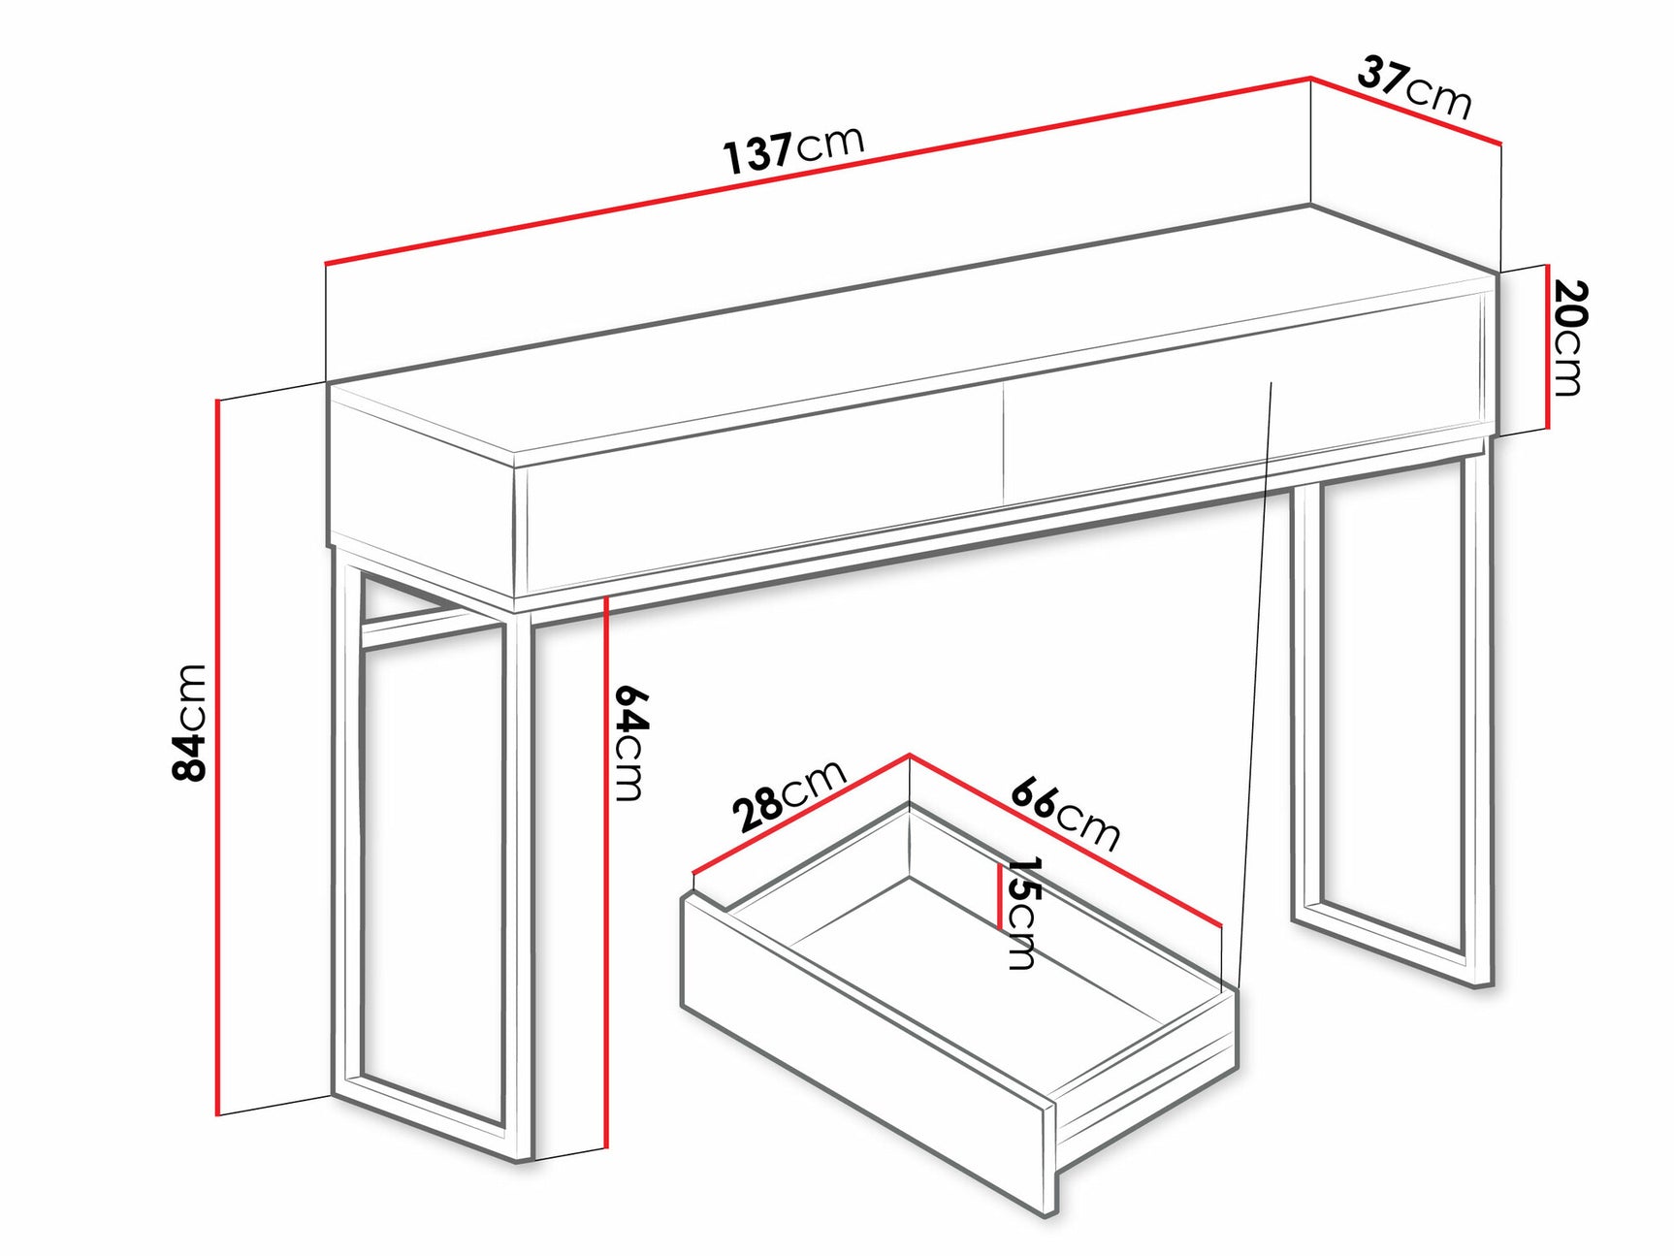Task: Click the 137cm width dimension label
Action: point(793,149)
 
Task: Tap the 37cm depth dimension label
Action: point(1414,87)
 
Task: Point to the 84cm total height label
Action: point(189,723)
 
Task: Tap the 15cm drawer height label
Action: point(1022,912)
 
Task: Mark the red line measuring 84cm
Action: point(218,757)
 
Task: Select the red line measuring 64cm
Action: point(605,873)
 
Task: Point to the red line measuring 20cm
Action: point(1547,347)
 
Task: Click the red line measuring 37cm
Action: point(1406,111)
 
